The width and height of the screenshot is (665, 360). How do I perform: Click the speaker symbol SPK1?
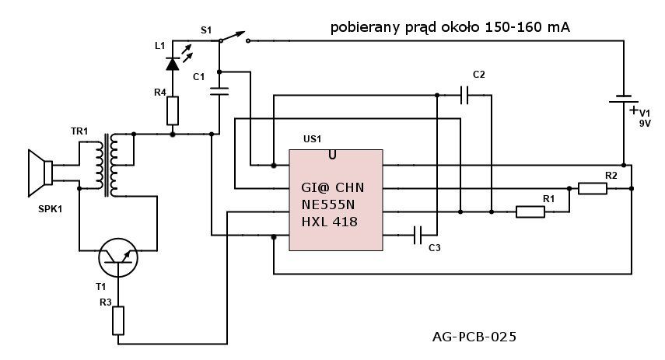coord(40,173)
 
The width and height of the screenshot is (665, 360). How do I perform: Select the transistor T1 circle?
coord(118,257)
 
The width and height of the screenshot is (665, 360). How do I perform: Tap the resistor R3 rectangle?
coord(118,320)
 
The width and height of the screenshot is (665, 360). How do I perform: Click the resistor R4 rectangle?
coord(172,110)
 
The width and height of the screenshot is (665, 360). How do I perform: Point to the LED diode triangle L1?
coord(172,64)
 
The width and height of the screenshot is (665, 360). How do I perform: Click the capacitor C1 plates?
coord(219,91)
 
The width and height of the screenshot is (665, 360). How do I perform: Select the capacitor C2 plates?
coord(465,96)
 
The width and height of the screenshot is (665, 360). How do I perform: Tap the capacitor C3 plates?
coord(418,235)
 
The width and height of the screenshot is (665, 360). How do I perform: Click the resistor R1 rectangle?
coord(530,211)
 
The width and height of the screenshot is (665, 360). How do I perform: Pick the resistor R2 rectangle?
coord(593,188)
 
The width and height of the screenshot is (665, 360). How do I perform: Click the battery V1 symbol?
coord(624,100)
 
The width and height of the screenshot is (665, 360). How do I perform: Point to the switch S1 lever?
coord(233,36)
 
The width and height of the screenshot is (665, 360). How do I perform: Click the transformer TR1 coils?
coord(107,166)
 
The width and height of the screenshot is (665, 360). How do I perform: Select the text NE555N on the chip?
coord(328,204)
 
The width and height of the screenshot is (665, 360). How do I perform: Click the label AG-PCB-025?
coord(474,337)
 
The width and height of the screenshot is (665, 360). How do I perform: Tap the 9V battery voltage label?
coord(645,124)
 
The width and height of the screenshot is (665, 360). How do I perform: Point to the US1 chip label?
coord(312,139)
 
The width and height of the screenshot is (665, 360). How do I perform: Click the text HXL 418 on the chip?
coord(329,222)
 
